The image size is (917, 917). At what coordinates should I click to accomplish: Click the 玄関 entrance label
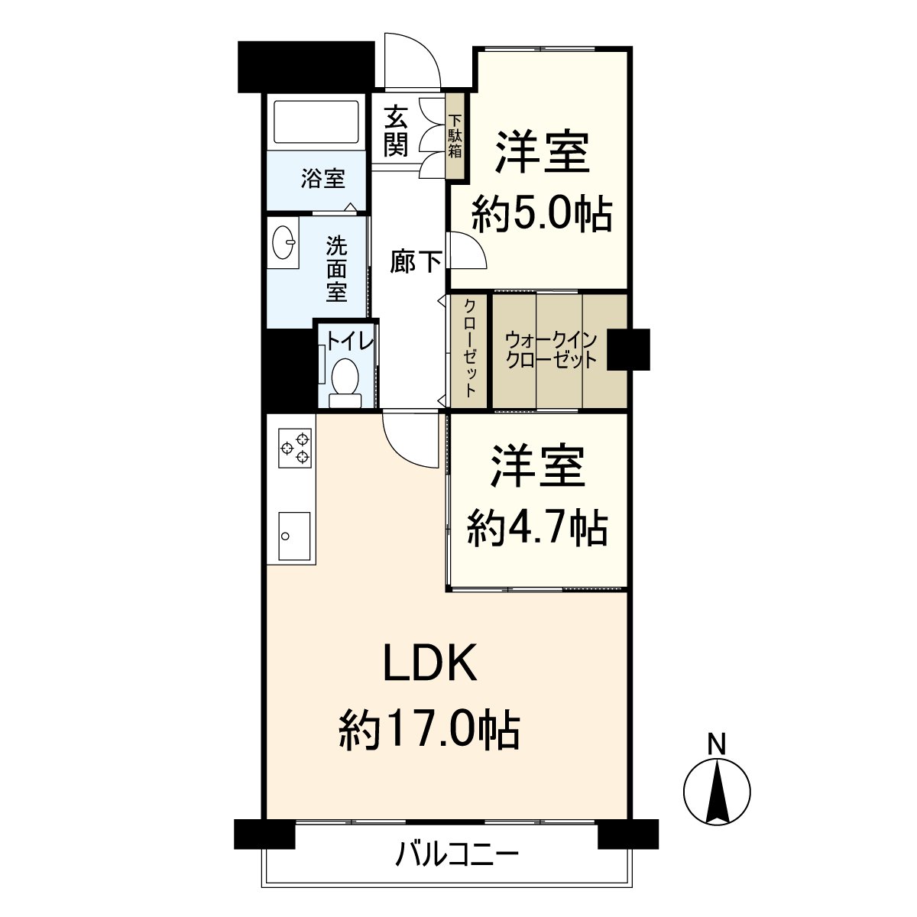[x=395, y=131]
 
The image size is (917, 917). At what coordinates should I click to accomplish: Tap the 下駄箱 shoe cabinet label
[x=455, y=136]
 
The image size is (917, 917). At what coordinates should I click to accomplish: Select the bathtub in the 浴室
[x=316, y=122]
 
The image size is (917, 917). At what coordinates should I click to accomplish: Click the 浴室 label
[x=322, y=180]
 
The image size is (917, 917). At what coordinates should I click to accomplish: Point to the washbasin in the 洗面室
[x=285, y=243]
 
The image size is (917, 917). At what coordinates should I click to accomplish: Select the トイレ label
[x=350, y=340]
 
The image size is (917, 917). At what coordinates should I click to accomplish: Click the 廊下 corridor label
[x=416, y=262]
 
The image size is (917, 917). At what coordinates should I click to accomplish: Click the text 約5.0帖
[x=542, y=215]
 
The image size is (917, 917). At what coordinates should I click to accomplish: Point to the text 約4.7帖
[x=538, y=527]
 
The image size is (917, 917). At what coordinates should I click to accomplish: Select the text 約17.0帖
[x=429, y=730]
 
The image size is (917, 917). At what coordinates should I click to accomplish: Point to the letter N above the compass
[x=716, y=744]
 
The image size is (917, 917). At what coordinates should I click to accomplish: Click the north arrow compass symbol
[x=716, y=793]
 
